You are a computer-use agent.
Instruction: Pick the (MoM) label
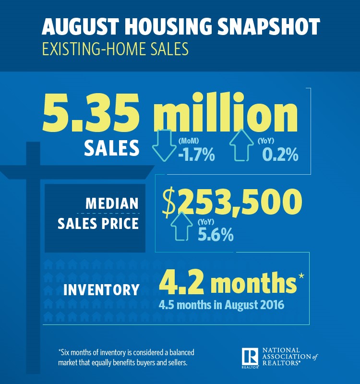[x=189, y=141]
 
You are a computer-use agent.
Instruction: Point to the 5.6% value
[x=216, y=236]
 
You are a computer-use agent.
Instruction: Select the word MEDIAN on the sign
[x=112, y=203]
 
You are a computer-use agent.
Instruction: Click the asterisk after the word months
[x=301, y=276]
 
